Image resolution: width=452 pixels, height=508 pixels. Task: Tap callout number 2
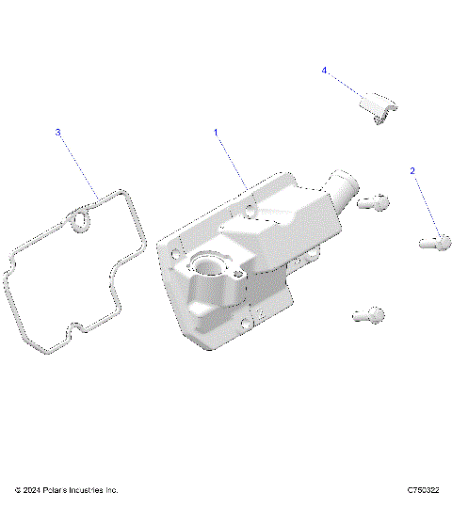click(x=412, y=170)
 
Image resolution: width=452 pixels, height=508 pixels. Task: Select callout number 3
click(x=57, y=133)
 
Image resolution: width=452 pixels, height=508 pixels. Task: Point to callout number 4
click(x=325, y=71)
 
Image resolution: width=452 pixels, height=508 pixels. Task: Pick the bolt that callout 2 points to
click(x=432, y=243)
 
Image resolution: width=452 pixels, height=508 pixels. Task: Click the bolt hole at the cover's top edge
click(x=248, y=199)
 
